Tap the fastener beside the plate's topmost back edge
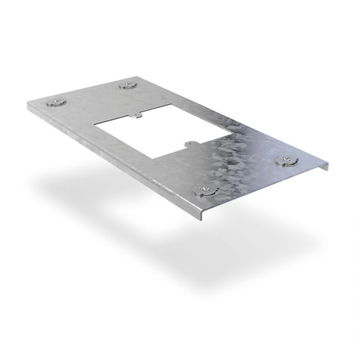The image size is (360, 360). pyautogui.click(x=127, y=85)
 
